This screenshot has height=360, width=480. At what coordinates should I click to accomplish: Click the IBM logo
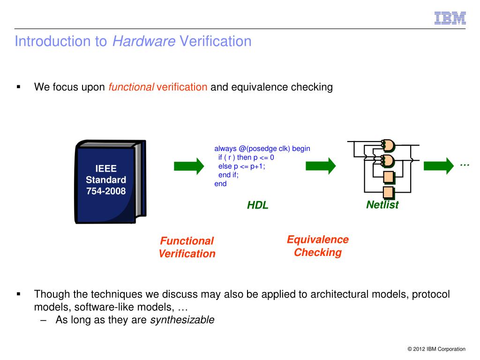pyautogui.click(x=450, y=18)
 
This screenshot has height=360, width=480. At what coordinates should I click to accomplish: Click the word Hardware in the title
pyautogui.click(x=143, y=41)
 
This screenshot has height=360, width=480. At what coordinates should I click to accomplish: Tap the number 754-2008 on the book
pyautogui.click(x=106, y=191)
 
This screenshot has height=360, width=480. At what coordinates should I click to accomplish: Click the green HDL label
pyautogui.click(x=258, y=205)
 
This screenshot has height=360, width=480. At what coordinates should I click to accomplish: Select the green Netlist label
pyautogui.click(x=382, y=205)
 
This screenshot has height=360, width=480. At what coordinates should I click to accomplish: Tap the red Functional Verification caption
pyautogui.click(x=187, y=247)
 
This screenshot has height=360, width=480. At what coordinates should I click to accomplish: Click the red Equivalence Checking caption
pyautogui.click(x=318, y=246)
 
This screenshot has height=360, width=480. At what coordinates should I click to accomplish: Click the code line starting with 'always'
pyautogui.click(x=262, y=149)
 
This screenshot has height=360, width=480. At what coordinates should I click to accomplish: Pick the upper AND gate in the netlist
pyautogui.click(x=388, y=146)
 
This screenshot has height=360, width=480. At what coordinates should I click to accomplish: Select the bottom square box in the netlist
pyautogui.click(x=389, y=192)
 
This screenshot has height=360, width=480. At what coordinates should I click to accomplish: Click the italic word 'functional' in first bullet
pyautogui.click(x=131, y=87)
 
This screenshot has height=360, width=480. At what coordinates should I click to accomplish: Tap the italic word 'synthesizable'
pyautogui.click(x=182, y=320)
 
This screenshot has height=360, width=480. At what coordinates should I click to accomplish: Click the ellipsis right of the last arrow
pyautogui.click(x=465, y=165)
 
